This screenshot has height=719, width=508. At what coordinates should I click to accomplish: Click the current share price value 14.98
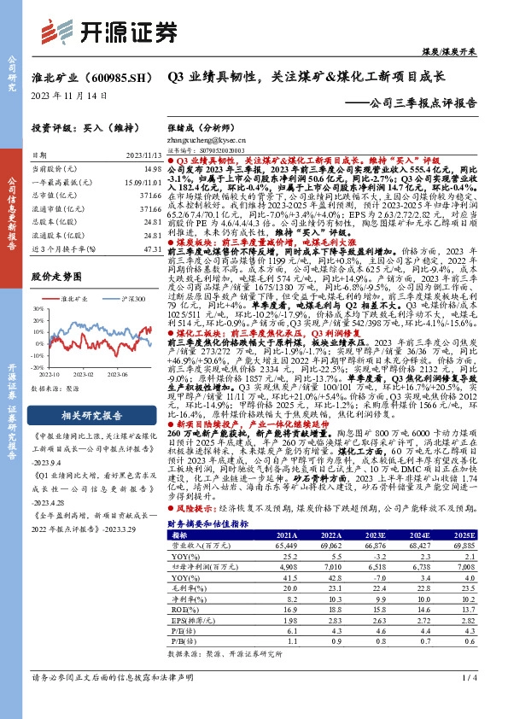(153, 170)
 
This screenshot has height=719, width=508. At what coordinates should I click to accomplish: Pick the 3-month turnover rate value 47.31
(153, 248)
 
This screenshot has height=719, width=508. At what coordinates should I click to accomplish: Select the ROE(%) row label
(182, 633)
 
